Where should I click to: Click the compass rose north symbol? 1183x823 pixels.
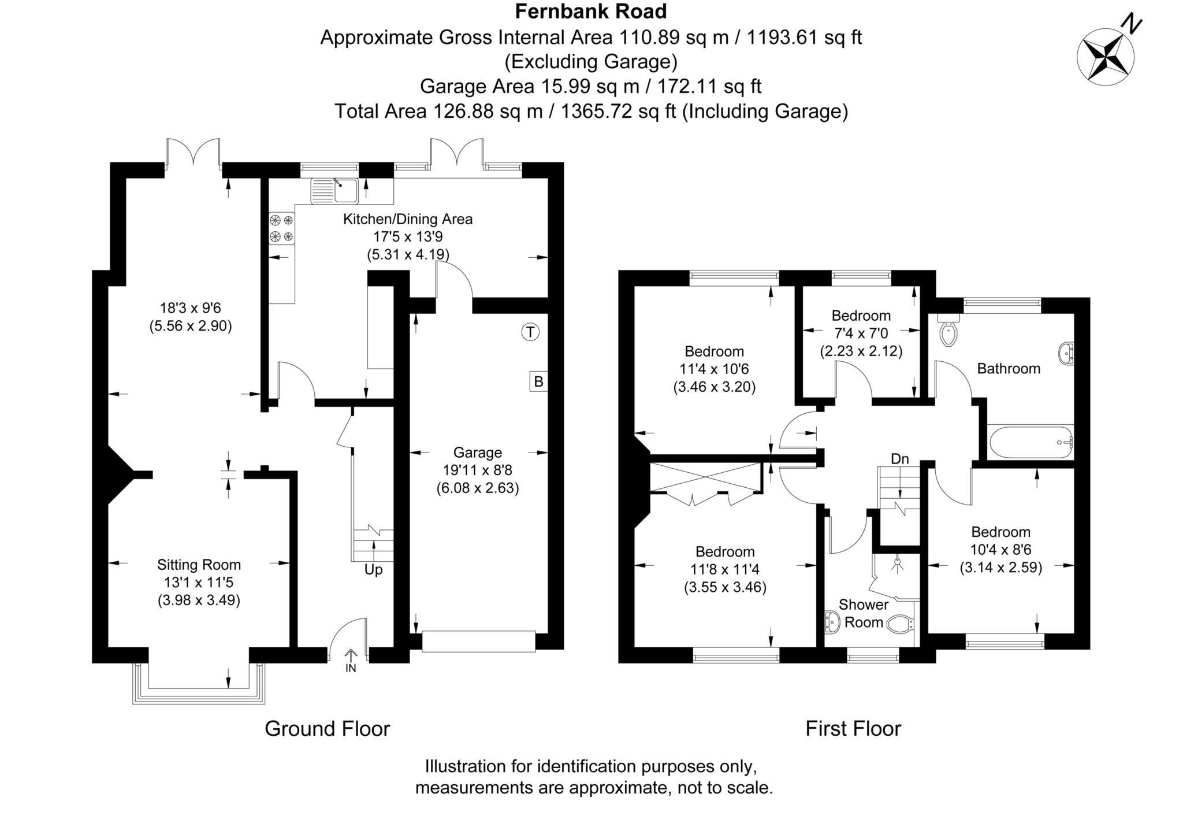click(x=1106, y=58)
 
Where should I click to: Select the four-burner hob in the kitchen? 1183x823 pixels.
click(x=281, y=228)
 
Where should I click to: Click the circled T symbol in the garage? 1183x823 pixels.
click(x=530, y=332)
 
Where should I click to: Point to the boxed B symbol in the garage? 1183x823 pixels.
click(x=538, y=381)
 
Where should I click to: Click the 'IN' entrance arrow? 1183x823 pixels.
click(x=351, y=659)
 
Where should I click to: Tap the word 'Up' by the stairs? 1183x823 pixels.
click(x=373, y=570)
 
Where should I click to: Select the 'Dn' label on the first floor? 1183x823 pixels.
click(x=899, y=459)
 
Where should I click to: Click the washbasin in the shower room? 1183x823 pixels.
click(x=832, y=622)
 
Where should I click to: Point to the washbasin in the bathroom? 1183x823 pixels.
click(x=1067, y=353)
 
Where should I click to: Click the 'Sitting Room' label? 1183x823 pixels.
click(x=199, y=565)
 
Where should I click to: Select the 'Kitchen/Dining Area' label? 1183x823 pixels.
click(x=408, y=219)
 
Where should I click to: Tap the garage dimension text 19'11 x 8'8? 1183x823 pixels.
click(x=477, y=470)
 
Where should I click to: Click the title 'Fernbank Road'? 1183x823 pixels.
click(x=591, y=11)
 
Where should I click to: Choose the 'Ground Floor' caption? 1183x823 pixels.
click(x=327, y=729)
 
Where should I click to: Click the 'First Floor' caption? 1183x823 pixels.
click(x=853, y=729)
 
